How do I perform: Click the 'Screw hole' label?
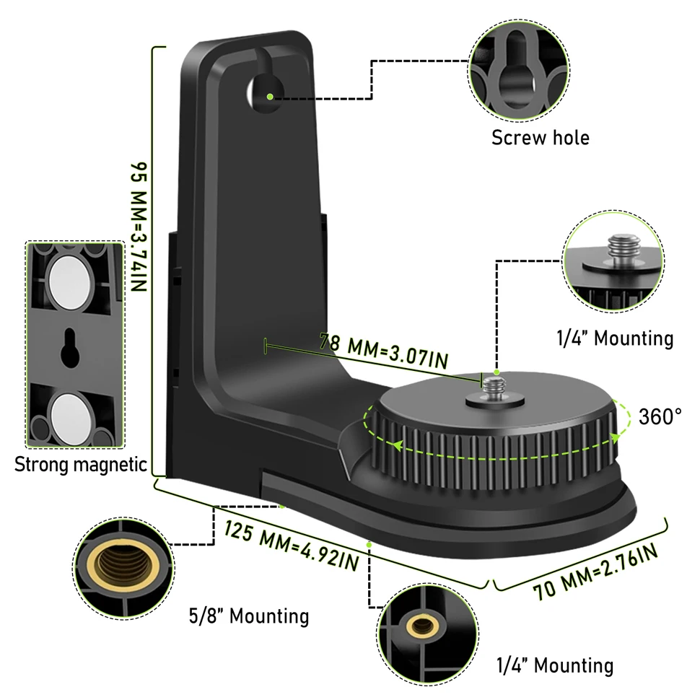(541, 138)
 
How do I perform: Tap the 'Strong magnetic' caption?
(80, 465)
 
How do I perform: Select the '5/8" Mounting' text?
(249, 616)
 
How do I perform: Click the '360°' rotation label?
(660, 417)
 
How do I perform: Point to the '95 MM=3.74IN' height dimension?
(139, 227)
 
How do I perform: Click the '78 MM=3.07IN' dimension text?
(384, 351)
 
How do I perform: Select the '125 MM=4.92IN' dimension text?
(291, 546)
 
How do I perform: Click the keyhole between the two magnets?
(70, 349)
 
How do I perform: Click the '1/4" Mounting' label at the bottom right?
(555, 665)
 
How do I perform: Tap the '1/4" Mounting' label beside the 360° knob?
(615, 338)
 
